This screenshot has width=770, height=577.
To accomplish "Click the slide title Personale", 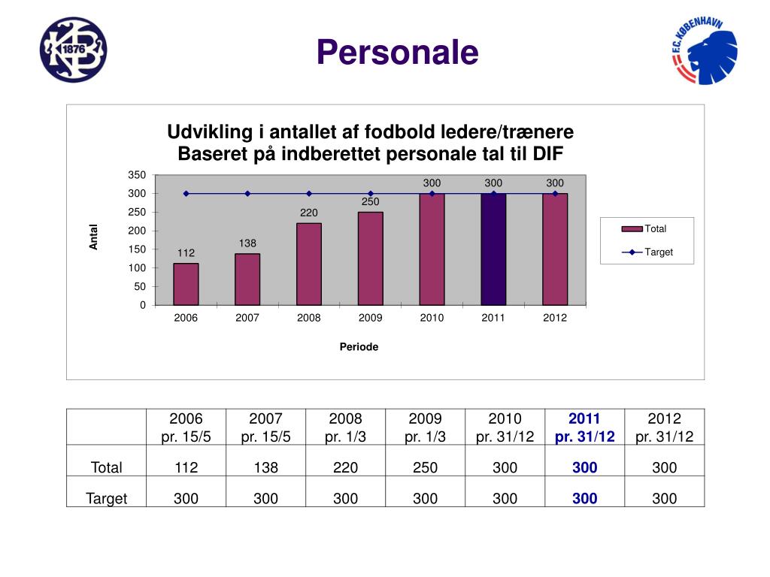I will [x=397, y=53].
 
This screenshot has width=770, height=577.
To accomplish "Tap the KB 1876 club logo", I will [x=74, y=50].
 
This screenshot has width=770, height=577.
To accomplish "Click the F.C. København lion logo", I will [x=704, y=51].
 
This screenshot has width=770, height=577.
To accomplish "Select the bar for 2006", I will [x=186, y=284].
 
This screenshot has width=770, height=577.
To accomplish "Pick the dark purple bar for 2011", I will [x=493, y=249].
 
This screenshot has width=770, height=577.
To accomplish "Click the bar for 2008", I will [x=309, y=264].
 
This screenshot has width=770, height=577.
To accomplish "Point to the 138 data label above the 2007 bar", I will [x=248, y=243].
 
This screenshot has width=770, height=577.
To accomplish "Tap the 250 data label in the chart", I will [x=371, y=202].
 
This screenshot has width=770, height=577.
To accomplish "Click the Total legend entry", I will [x=647, y=229].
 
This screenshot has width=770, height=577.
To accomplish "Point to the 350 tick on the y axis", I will [x=136, y=175].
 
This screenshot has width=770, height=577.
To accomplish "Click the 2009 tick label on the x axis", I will [x=371, y=318].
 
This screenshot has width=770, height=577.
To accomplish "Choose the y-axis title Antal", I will [x=94, y=237].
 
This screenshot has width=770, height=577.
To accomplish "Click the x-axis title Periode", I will [x=359, y=347].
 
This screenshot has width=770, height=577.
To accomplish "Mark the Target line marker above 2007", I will [x=247, y=194].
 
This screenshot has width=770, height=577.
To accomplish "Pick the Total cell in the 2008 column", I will [x=345, y=467].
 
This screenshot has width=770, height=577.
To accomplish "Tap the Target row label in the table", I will [x=106, y=498].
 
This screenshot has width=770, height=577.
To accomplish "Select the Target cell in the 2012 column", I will [x=664, y=498].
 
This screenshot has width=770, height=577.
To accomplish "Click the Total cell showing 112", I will [x=186, y=467].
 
